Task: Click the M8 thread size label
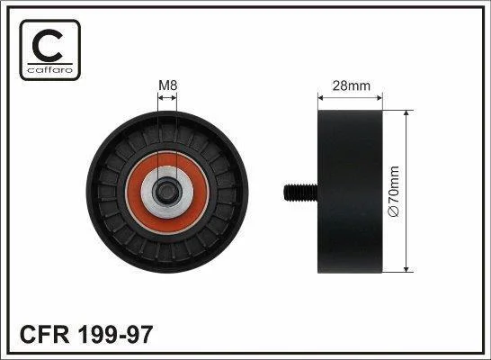pos(168,85)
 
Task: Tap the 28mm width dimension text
pos(352,85)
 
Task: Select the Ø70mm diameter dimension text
pos(393,192)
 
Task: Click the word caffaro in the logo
pos(50,70)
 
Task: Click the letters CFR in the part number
pos(44,335)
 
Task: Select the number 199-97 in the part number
pos(115,335)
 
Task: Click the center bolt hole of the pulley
pos(166,191)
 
